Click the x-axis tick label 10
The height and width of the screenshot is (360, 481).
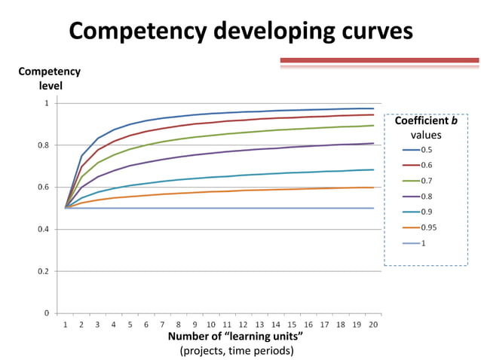click(x=211, y=325)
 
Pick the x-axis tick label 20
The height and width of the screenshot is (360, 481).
click(x=373, y=325)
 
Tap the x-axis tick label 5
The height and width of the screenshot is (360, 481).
click(x=130, y=325)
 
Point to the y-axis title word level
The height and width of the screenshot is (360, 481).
click(x=50, y=85)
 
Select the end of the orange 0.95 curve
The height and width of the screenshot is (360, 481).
click(x=373, y=188)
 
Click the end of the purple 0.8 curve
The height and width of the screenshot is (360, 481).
click(x=373, y=143)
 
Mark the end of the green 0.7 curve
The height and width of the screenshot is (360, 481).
click(x=373, y=126)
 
